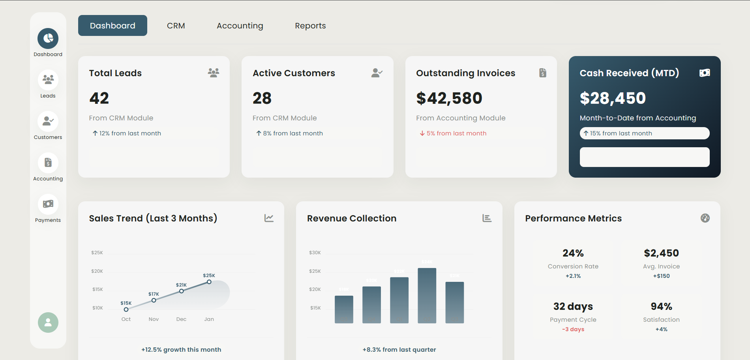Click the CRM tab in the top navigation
pos(176,26)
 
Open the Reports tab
pos(310,26)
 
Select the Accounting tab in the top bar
pos(240,26)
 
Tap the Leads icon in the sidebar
pos(48,80)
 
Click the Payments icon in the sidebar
pos(48,204)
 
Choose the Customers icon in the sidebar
pos(48,121)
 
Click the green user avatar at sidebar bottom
pos(48,322)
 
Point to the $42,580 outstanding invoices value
pos(449,98)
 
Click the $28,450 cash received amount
pos(612,98)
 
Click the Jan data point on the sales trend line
pos(209,282)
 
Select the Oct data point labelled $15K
pos(126,309)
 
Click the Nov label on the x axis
pos(154,319)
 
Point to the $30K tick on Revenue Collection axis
pos(315,253)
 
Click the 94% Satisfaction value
pos(661,306)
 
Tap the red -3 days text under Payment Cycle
pos(573,329)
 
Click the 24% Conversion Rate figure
pos(573,253)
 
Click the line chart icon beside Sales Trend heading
pos(269,218)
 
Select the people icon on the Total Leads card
pos(214,73)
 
